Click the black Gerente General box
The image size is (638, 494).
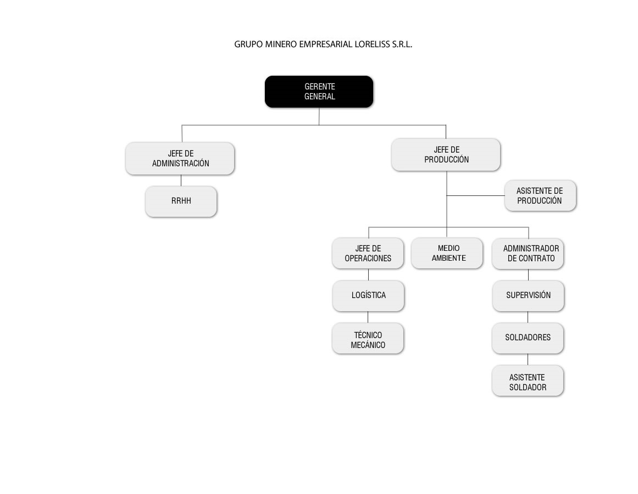tap(319, 92)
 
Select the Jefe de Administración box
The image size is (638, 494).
tap(180, 159)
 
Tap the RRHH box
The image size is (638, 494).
tap(181, 201)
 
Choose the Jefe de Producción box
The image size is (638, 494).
tap(446, 154)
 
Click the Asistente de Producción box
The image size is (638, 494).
tap(540, 195)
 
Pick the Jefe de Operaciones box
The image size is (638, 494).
tap(368, 253)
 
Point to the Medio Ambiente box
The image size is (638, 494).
tap(447, 253)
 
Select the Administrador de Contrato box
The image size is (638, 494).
tap(528, 254)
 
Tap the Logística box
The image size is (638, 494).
tap(368, 296)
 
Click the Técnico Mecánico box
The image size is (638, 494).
tap(368, 339)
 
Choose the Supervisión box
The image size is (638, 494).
tap(528, 296)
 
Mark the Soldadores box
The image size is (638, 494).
tap(528, 339)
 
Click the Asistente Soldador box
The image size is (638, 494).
tap(528, 381)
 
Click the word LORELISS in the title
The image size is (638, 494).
tap(372, 44)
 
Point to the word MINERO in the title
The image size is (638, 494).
tap(281, 44)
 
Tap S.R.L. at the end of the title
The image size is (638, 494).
tap(402, 44)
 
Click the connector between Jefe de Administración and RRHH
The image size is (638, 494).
tap(181, 181)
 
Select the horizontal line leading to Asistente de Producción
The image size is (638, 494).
tap(476, 196)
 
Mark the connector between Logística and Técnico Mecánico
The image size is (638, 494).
tap(368, 317)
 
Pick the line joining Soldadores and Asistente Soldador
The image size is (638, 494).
tap(528, 360)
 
